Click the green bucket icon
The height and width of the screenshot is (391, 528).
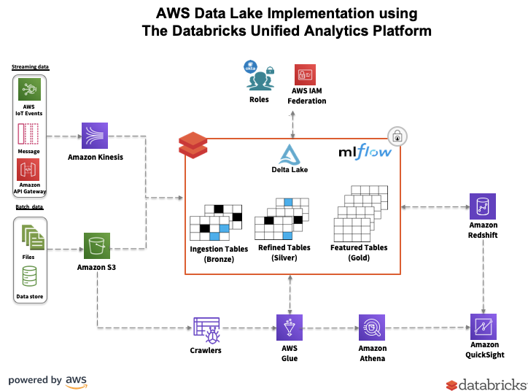tap(97, 246)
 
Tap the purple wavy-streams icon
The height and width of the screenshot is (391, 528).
tap(95, 136)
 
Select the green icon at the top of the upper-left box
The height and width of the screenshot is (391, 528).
tap(29, 90)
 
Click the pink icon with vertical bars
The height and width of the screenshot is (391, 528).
tap(29, 134)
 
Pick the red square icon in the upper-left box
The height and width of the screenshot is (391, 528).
tap(29, 170)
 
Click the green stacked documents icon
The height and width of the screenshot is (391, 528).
tap(32, 237)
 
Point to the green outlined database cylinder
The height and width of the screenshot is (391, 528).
tap(30, 277)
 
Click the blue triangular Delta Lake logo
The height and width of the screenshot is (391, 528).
tap(290, 155)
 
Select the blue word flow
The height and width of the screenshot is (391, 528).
tap(373, 152)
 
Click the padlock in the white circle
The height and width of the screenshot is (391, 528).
tap(397, 136)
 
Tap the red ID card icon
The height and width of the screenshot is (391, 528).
tap(305, 74)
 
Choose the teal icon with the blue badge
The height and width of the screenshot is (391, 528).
tap(259, 75)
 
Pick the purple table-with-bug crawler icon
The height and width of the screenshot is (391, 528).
tap(207, 330)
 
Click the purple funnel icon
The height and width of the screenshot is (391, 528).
tap(290, 328)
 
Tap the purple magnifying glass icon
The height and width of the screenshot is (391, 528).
tap(372, 328)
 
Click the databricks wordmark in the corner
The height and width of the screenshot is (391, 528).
tap(486, 384)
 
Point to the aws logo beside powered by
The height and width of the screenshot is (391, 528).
tap(76, 381)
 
